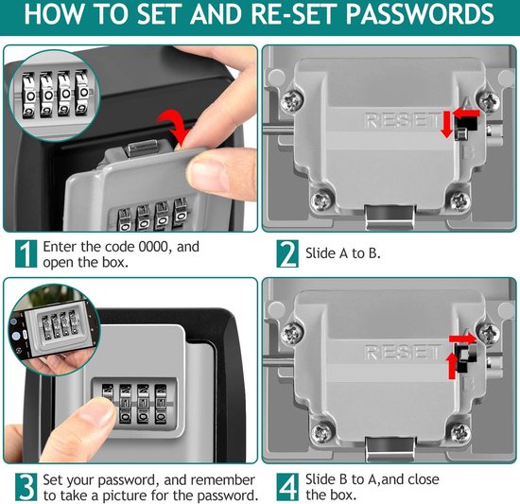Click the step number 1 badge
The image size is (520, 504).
[26, 253]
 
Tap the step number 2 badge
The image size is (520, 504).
[287, 253]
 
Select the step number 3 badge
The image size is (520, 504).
[26, 486]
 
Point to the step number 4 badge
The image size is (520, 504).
[287, 486]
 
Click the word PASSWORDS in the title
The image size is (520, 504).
[420, 14]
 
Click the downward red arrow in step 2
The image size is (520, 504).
[447, 124]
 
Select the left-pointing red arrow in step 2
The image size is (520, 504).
[466, 113]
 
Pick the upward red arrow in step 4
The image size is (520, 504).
[452, 366]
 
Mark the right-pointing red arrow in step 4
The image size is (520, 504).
[462, 339]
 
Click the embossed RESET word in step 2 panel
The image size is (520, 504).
[402, 120]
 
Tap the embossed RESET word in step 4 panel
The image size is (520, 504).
[404, 352]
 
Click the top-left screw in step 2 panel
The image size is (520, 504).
[292, 101]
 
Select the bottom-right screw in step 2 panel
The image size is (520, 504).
[460, 200]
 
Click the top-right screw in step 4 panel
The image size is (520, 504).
[488, 332]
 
